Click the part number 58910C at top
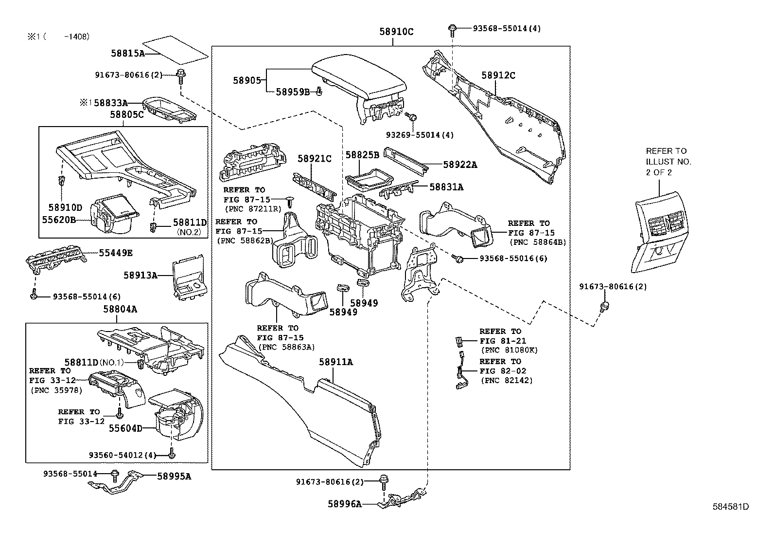click(396, 32)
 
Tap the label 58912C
click(498, 75)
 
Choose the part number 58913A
click(140, 276)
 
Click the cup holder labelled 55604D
click(175, 419)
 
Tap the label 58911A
click(335, 362)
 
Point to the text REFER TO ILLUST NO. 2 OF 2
click(668, 162)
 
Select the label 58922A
click(460, 165)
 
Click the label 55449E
click(116, 253)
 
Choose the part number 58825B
click(362, 155)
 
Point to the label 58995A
click(174, 477)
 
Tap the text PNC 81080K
click(509, 350)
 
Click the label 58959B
click(293, 92)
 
